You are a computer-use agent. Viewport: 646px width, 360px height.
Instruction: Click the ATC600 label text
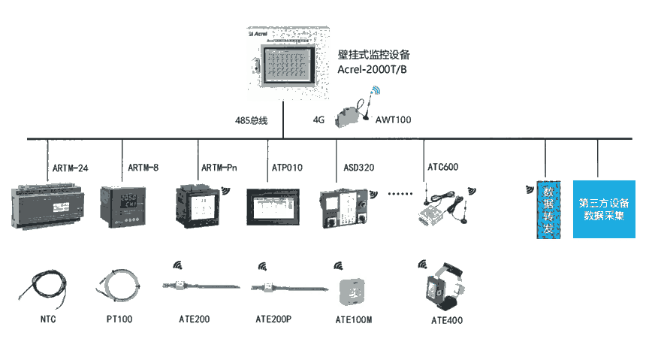pos(442,167)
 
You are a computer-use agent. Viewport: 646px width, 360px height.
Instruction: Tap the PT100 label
pos(119,319)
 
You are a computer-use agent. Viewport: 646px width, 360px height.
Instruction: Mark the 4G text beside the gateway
pos(318,119)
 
